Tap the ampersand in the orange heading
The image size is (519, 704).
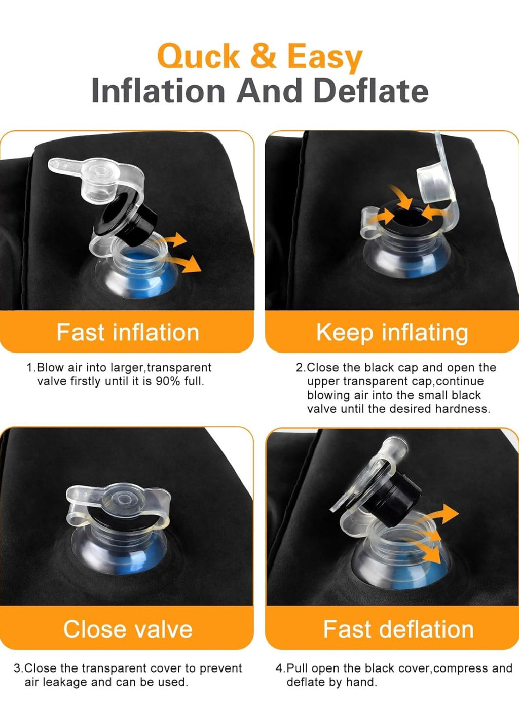[x=264, y=56]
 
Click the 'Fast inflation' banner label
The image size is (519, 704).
[x=128, y=332]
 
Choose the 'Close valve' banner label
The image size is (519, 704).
[x=128, y=629]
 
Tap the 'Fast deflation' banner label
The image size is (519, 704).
[x=398, y=629]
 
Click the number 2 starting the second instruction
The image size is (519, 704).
[x=299, y=368]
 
